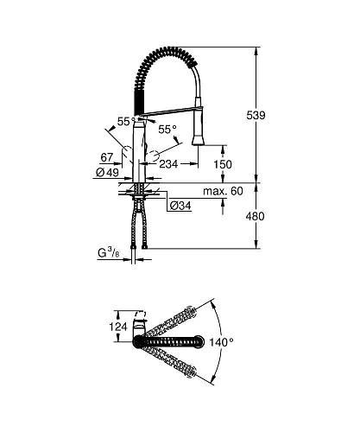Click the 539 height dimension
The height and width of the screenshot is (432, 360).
[x=279, y=115]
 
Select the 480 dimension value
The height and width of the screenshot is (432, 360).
[x=279, y=217]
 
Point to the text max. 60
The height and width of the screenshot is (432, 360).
[x=223, y=190]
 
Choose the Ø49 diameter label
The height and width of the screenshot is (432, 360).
[x=109, y=173]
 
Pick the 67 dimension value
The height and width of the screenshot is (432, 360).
[x=107, y=158]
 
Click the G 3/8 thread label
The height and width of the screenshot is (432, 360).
[x=108, y=253]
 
